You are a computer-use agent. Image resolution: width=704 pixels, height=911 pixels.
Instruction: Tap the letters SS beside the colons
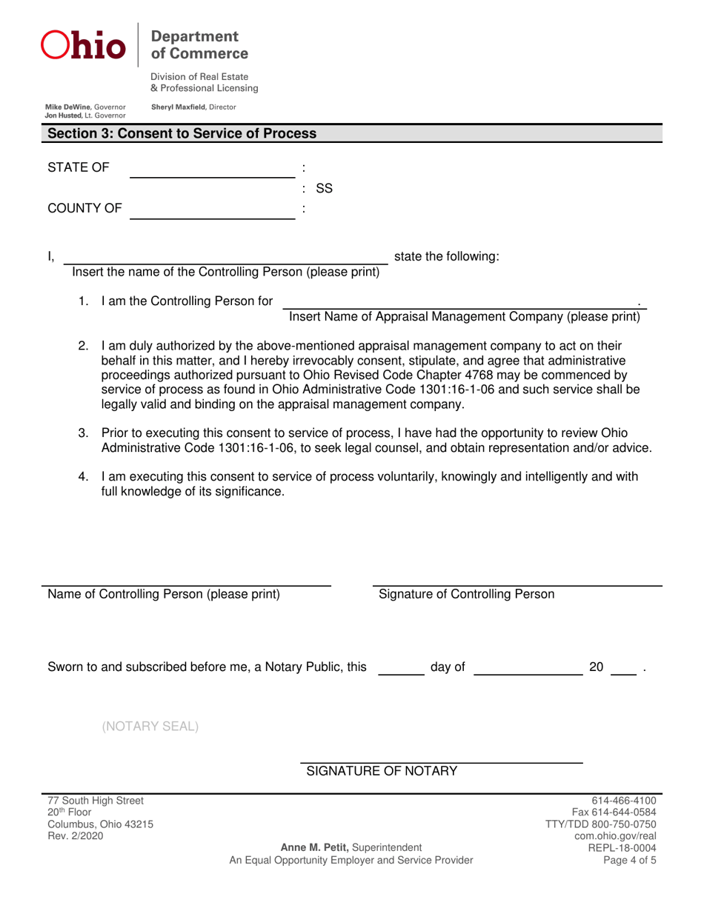pyautogui.click(x=324, y=190)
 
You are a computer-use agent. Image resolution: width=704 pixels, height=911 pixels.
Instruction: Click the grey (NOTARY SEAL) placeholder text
pyautogui.click(x=150, y=725)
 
